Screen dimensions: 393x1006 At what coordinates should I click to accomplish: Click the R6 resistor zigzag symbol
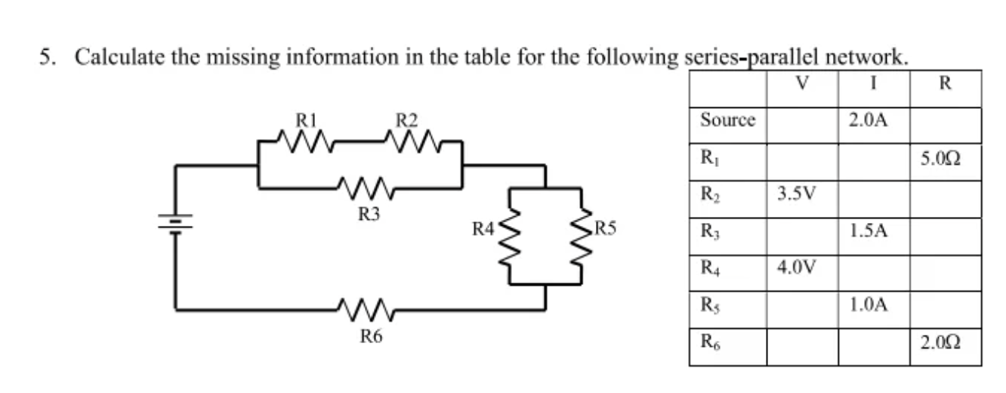[366, 308]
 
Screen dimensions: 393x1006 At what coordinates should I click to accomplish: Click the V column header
[802, 83]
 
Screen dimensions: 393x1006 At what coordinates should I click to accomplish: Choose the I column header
[872, 83]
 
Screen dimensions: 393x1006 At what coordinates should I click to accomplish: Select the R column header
[944, 83]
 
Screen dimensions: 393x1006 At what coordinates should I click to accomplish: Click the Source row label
[727, 120]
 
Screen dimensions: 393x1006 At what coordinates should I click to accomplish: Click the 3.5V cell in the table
[796, 195]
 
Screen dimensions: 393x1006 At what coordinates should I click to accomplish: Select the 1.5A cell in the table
[868, 232]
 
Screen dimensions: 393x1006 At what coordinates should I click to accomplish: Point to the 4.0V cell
[796, 268]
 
